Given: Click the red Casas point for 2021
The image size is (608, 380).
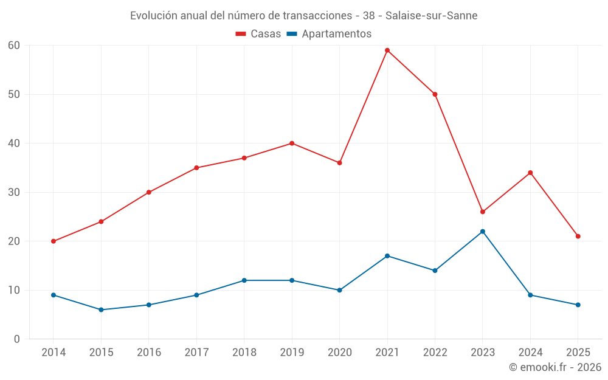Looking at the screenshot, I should (387, 50).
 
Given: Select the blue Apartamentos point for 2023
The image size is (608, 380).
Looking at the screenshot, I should (483, 232).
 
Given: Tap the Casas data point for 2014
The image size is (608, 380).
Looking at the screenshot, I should (54, 241).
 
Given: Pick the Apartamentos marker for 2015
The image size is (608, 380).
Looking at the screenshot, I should (101, 310).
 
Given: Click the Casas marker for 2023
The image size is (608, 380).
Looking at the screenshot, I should (483, 212).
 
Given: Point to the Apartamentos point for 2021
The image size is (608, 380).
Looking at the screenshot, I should (387, 256).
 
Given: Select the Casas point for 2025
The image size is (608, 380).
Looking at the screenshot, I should (578, 237).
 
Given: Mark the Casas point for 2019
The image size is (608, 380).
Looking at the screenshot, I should (292, 143).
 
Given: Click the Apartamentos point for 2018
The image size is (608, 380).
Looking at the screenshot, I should (244, 280).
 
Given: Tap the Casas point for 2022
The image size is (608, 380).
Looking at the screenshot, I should (435, 94).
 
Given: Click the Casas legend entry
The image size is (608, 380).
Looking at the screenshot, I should (258, 34).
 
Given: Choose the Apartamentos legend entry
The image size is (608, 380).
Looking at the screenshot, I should (329, 34).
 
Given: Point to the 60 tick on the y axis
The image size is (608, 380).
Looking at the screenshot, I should (14, 46).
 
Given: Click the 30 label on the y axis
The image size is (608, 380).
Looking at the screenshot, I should (14, 193).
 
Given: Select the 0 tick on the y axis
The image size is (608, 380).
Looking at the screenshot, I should (17, 339).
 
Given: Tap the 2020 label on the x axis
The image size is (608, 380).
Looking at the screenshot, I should (339, 353).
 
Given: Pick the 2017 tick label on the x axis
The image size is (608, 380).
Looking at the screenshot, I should (196, 353).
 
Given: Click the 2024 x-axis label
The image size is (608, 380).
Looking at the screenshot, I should (530, 353).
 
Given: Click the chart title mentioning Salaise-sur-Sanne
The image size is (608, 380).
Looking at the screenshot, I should (304, 15).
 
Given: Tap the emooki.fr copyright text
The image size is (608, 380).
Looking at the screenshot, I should (555, 367).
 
